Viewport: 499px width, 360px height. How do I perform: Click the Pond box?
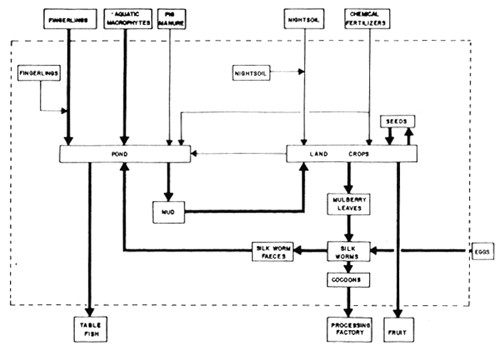point(124,153)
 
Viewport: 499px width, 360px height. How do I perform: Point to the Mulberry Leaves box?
point(349,203)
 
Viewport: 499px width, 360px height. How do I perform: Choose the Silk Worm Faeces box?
point(274,250)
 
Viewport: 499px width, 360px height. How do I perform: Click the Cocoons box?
point(349,280)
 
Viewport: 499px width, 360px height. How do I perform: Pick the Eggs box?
point(483,251)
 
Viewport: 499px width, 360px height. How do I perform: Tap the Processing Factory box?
point(349,329)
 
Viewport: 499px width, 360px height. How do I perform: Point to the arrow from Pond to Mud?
point(169,182)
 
